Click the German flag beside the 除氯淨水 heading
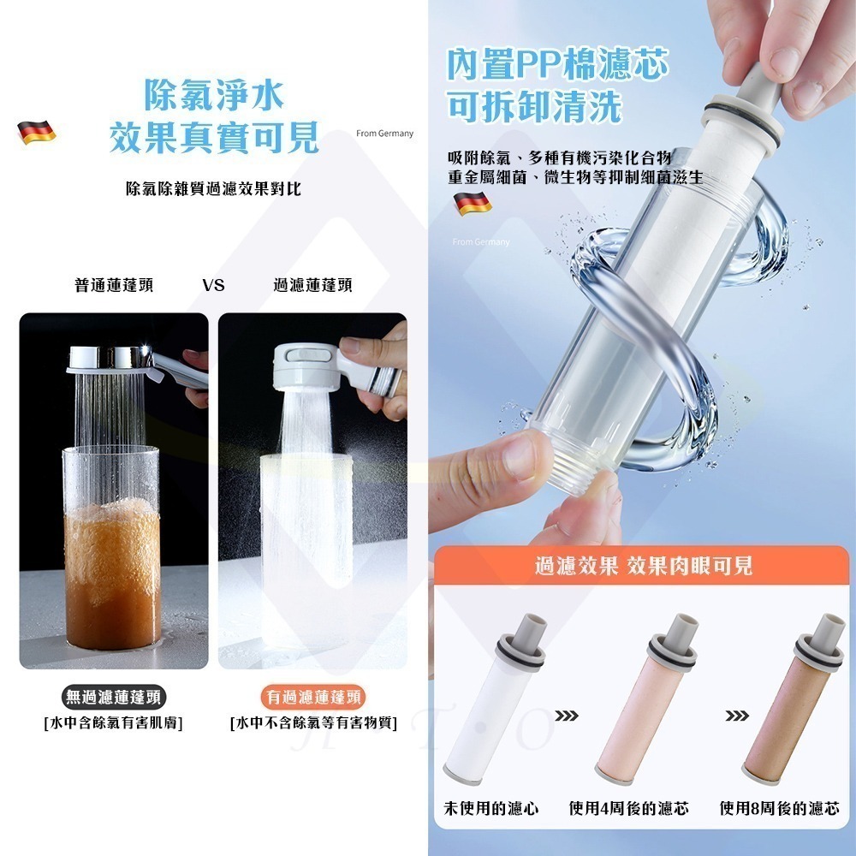(x=36, y=132)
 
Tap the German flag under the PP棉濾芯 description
(x=472, y=203)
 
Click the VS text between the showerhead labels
(x=214, y=285)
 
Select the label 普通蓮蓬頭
(x=114, y=285)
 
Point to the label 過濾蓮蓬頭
(x=312, y=285)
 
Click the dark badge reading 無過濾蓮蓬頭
(x=114, y=697)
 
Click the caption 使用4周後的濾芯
(x=629, y=808)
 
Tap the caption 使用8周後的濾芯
(x=779, y=808)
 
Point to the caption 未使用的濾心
(x=491, y=808)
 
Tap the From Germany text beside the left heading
(x=384, y=134)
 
